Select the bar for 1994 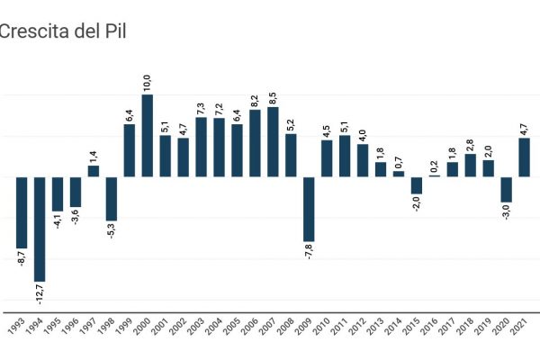(40, 229)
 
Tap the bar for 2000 (148, 135)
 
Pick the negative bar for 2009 (309, 208)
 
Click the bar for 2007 (273, 141)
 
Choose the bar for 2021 (524, 157)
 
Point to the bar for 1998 (112, 198)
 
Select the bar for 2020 (506, 189)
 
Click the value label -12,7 (40, 294)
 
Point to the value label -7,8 (309, 252)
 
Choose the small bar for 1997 (94, 171)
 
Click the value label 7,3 (201, 105)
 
